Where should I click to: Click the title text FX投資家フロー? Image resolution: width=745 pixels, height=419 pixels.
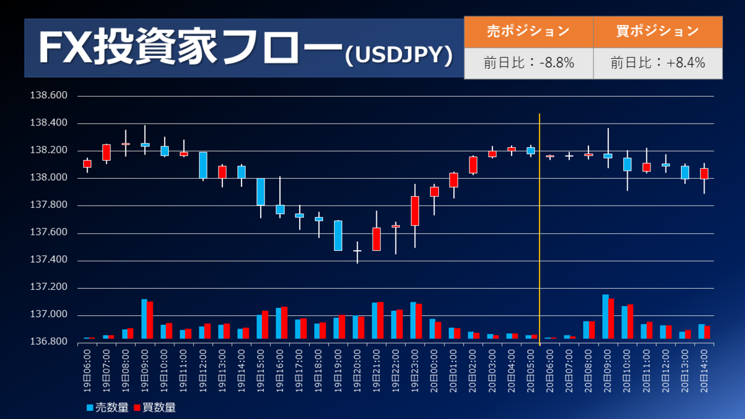point(189,48)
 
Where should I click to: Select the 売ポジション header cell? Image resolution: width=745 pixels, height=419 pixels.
point(528,31)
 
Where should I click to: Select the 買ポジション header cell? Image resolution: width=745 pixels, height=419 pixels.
point(657,31)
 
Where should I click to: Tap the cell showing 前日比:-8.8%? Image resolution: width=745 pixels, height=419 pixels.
point(528,63)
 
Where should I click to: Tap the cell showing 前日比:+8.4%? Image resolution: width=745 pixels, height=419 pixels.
point(657,63)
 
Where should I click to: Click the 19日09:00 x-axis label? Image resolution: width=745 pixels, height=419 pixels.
point(145,370)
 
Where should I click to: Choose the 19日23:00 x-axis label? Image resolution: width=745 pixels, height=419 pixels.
point(414,370)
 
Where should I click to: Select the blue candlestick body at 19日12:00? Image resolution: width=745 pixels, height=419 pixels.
point(203,165)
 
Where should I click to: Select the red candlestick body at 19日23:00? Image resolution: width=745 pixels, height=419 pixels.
point(415,211)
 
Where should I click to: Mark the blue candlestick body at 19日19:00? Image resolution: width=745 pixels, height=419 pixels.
point(338,235)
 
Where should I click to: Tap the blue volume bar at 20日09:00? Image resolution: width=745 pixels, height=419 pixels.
point(605,317)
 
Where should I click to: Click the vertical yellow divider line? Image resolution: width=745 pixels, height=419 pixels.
point(540,223)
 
